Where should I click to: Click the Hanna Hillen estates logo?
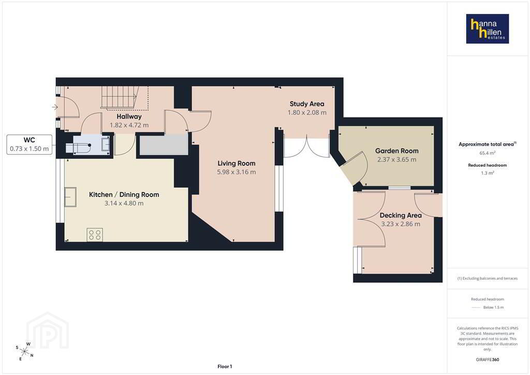tap(488, 28)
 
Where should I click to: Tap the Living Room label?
tap(236, 163)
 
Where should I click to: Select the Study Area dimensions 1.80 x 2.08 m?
tap(307, 112)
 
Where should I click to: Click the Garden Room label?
tap(397, 151)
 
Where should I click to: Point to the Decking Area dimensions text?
tap(401, 224)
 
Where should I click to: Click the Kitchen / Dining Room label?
tap(124, 194)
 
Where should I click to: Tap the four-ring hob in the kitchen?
tap(95, 235)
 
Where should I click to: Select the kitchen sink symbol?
tap(70, 197)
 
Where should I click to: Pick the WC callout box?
tap(30, 145)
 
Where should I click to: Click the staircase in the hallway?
tap(125, 97)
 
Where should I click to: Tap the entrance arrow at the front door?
tap(55, 107)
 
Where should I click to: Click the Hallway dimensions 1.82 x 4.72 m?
tap(129, 125)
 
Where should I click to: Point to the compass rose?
tap(25, 351)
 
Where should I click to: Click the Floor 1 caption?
tap(225, 367)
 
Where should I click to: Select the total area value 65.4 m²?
tap(488, 153)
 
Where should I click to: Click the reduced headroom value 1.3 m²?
tap(488, 173)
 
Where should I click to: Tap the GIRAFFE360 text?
tap(488, 359)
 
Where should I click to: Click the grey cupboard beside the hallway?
tap(164, 145)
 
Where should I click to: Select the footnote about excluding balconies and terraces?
tap(488, 278)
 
